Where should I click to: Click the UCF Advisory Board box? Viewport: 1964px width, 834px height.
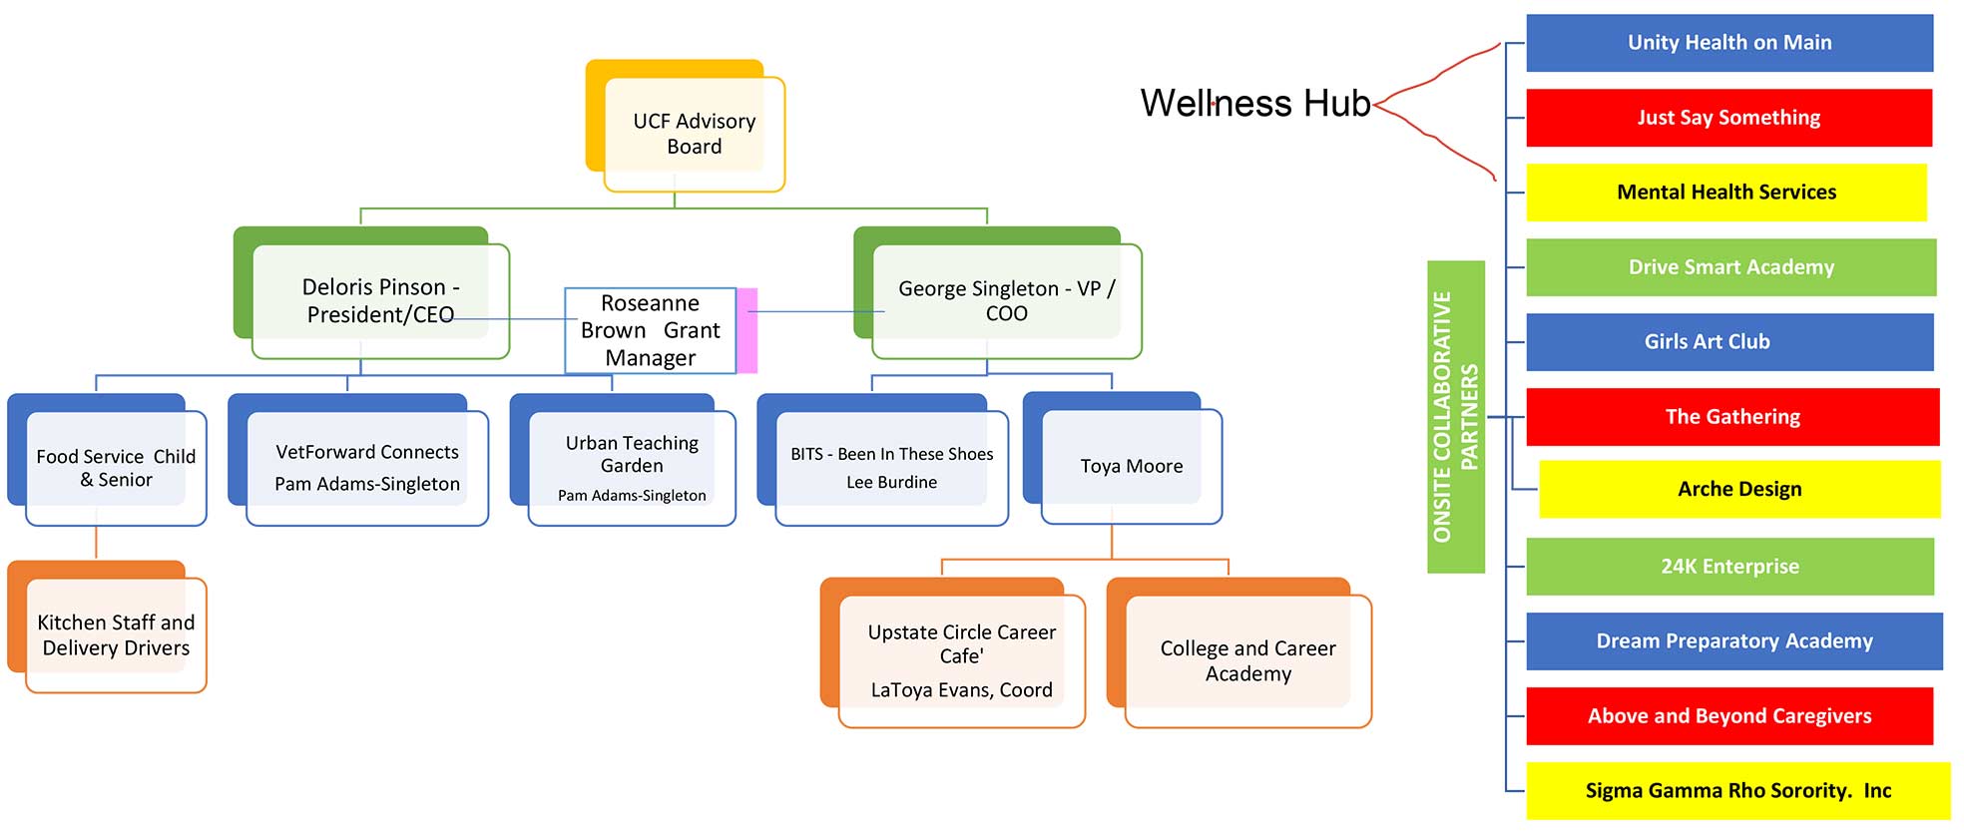(x=694, y=133)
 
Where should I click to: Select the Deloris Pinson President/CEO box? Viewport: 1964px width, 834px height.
(x=380, y=299)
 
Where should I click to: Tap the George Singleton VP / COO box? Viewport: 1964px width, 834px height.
(x=1006, y=299)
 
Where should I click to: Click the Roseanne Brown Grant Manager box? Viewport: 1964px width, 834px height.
(x=650, y=330)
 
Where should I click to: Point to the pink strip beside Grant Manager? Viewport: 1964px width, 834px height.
(x=747, y=330)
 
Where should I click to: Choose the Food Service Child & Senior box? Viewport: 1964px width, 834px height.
(x=115, y=467)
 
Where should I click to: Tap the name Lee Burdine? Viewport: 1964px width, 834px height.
(x=891, y=483)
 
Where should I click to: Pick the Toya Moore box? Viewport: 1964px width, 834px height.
(x=1131, y=466)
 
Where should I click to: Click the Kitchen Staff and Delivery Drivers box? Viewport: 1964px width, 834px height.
(x=115, y=634)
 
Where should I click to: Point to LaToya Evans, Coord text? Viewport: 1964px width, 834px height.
(x=961, y=690)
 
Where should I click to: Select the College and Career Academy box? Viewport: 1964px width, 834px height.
(x=1246, y=660)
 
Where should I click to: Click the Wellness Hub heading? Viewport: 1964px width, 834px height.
(x=1254, y=103)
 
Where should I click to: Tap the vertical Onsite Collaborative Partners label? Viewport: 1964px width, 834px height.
(x=1455, y=416)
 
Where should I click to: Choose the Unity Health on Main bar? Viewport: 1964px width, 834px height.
(x=1728, y=43)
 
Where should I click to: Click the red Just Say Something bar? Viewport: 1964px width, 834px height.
(x=1728, y=118)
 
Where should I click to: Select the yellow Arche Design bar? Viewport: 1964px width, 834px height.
(x=1738, y=489)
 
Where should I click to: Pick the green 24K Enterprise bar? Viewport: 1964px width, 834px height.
(x=1728, y=567)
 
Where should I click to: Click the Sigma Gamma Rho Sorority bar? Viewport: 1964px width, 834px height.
(x=1736, y=791)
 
